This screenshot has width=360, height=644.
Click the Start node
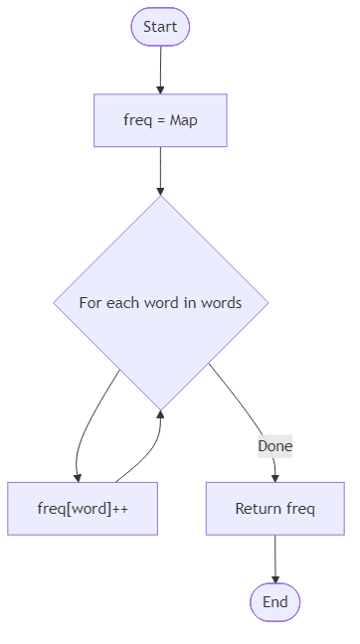tap(160, 27)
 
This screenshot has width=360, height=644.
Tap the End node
tap(274, 602)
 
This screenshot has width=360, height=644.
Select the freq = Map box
tap(160, 120)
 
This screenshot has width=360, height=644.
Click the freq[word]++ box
tap(83, 508)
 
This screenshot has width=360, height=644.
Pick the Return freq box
tap(274, 508)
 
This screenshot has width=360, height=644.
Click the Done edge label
tap(274, 446)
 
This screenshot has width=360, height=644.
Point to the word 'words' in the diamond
tap(221, 303)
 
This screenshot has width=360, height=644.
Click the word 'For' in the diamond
tap(91, 303)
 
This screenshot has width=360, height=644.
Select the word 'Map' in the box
tap(184, 120)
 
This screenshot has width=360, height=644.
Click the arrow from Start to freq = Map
tap(160, 70)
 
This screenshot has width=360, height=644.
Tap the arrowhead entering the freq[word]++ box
tap(78, 476)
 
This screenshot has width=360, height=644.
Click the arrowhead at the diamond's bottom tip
tap(160, 413)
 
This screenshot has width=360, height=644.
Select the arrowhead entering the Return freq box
tap(274, 476)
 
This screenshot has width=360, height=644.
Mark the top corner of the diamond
tap(160, 197)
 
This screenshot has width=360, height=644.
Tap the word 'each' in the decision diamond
tap(126, 303)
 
